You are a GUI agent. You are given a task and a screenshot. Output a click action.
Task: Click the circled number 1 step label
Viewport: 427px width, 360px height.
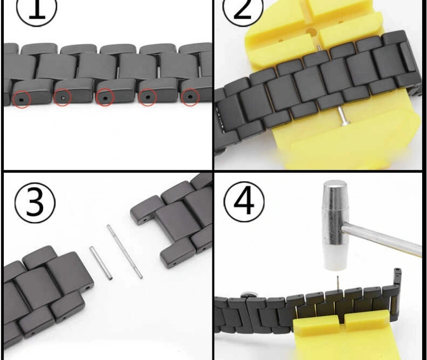point(36,10)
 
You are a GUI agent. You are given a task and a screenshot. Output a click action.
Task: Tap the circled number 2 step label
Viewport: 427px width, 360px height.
point(243,10)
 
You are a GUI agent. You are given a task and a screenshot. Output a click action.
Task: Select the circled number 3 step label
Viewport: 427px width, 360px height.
point(35,203)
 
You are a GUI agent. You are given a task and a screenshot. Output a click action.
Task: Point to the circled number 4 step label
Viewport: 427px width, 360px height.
point(244,202)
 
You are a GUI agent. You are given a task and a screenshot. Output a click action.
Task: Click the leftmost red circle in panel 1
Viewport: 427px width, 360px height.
point(22,99)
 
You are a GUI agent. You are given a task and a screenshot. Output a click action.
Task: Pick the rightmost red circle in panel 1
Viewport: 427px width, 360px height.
point(191,97)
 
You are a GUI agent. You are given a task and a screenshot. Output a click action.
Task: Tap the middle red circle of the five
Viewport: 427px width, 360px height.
point(105,97)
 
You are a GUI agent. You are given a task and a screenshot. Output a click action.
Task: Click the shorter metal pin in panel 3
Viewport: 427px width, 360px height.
point(100,263)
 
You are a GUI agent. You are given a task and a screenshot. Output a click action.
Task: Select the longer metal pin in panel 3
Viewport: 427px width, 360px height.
point(124,251)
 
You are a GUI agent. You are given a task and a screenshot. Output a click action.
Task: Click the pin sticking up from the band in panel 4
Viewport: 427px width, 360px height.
point(338,284)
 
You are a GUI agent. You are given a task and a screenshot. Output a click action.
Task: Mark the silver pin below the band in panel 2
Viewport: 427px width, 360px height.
point(342,116)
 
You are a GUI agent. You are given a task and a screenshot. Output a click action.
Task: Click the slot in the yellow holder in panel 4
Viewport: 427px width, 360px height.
point(342,319)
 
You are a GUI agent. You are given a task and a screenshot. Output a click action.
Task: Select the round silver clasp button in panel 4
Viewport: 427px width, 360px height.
point(248,294)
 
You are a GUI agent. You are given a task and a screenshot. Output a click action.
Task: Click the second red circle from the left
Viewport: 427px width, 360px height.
point(62,98)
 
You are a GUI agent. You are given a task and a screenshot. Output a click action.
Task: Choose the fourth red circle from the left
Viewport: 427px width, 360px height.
point(148,97)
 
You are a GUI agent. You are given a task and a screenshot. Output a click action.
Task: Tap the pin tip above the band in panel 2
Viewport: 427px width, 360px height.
point(318,47)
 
